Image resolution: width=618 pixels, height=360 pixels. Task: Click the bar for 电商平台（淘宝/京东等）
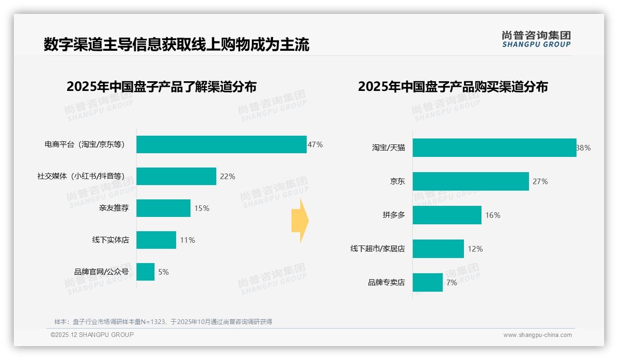coord(221,144)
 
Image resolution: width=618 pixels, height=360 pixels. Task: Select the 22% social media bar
coord(176,176)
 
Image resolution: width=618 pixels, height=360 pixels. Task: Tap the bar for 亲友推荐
coord(163,208)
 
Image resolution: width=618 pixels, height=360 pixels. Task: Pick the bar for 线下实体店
coord(156,240)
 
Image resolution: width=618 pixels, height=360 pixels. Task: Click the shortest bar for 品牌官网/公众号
coord(145,272)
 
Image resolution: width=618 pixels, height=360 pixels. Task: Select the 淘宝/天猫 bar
coord(494,148)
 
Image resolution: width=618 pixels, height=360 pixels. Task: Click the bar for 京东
coord(471,181)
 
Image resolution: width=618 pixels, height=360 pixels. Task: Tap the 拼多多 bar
coord(447,215)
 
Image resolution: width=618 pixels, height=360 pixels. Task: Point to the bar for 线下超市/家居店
coord(438,249)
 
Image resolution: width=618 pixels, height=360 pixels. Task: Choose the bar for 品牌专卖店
coord(428,282)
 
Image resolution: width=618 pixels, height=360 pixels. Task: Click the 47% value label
coord(315,144)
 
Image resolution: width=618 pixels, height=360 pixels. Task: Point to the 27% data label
coord(540,181)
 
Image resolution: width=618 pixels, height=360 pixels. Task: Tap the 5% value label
coord(163,272)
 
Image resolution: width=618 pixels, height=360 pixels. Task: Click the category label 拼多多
coord(393,215)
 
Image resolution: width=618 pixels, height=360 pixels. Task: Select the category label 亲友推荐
coord(114,208)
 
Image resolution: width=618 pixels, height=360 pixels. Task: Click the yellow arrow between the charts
coord(300,221)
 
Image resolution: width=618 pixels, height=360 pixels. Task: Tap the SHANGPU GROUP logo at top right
coord(536,39)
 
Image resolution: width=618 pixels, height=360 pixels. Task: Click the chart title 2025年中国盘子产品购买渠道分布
coord(452,87)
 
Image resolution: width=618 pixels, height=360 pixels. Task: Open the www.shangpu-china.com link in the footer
coord(537,335)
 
